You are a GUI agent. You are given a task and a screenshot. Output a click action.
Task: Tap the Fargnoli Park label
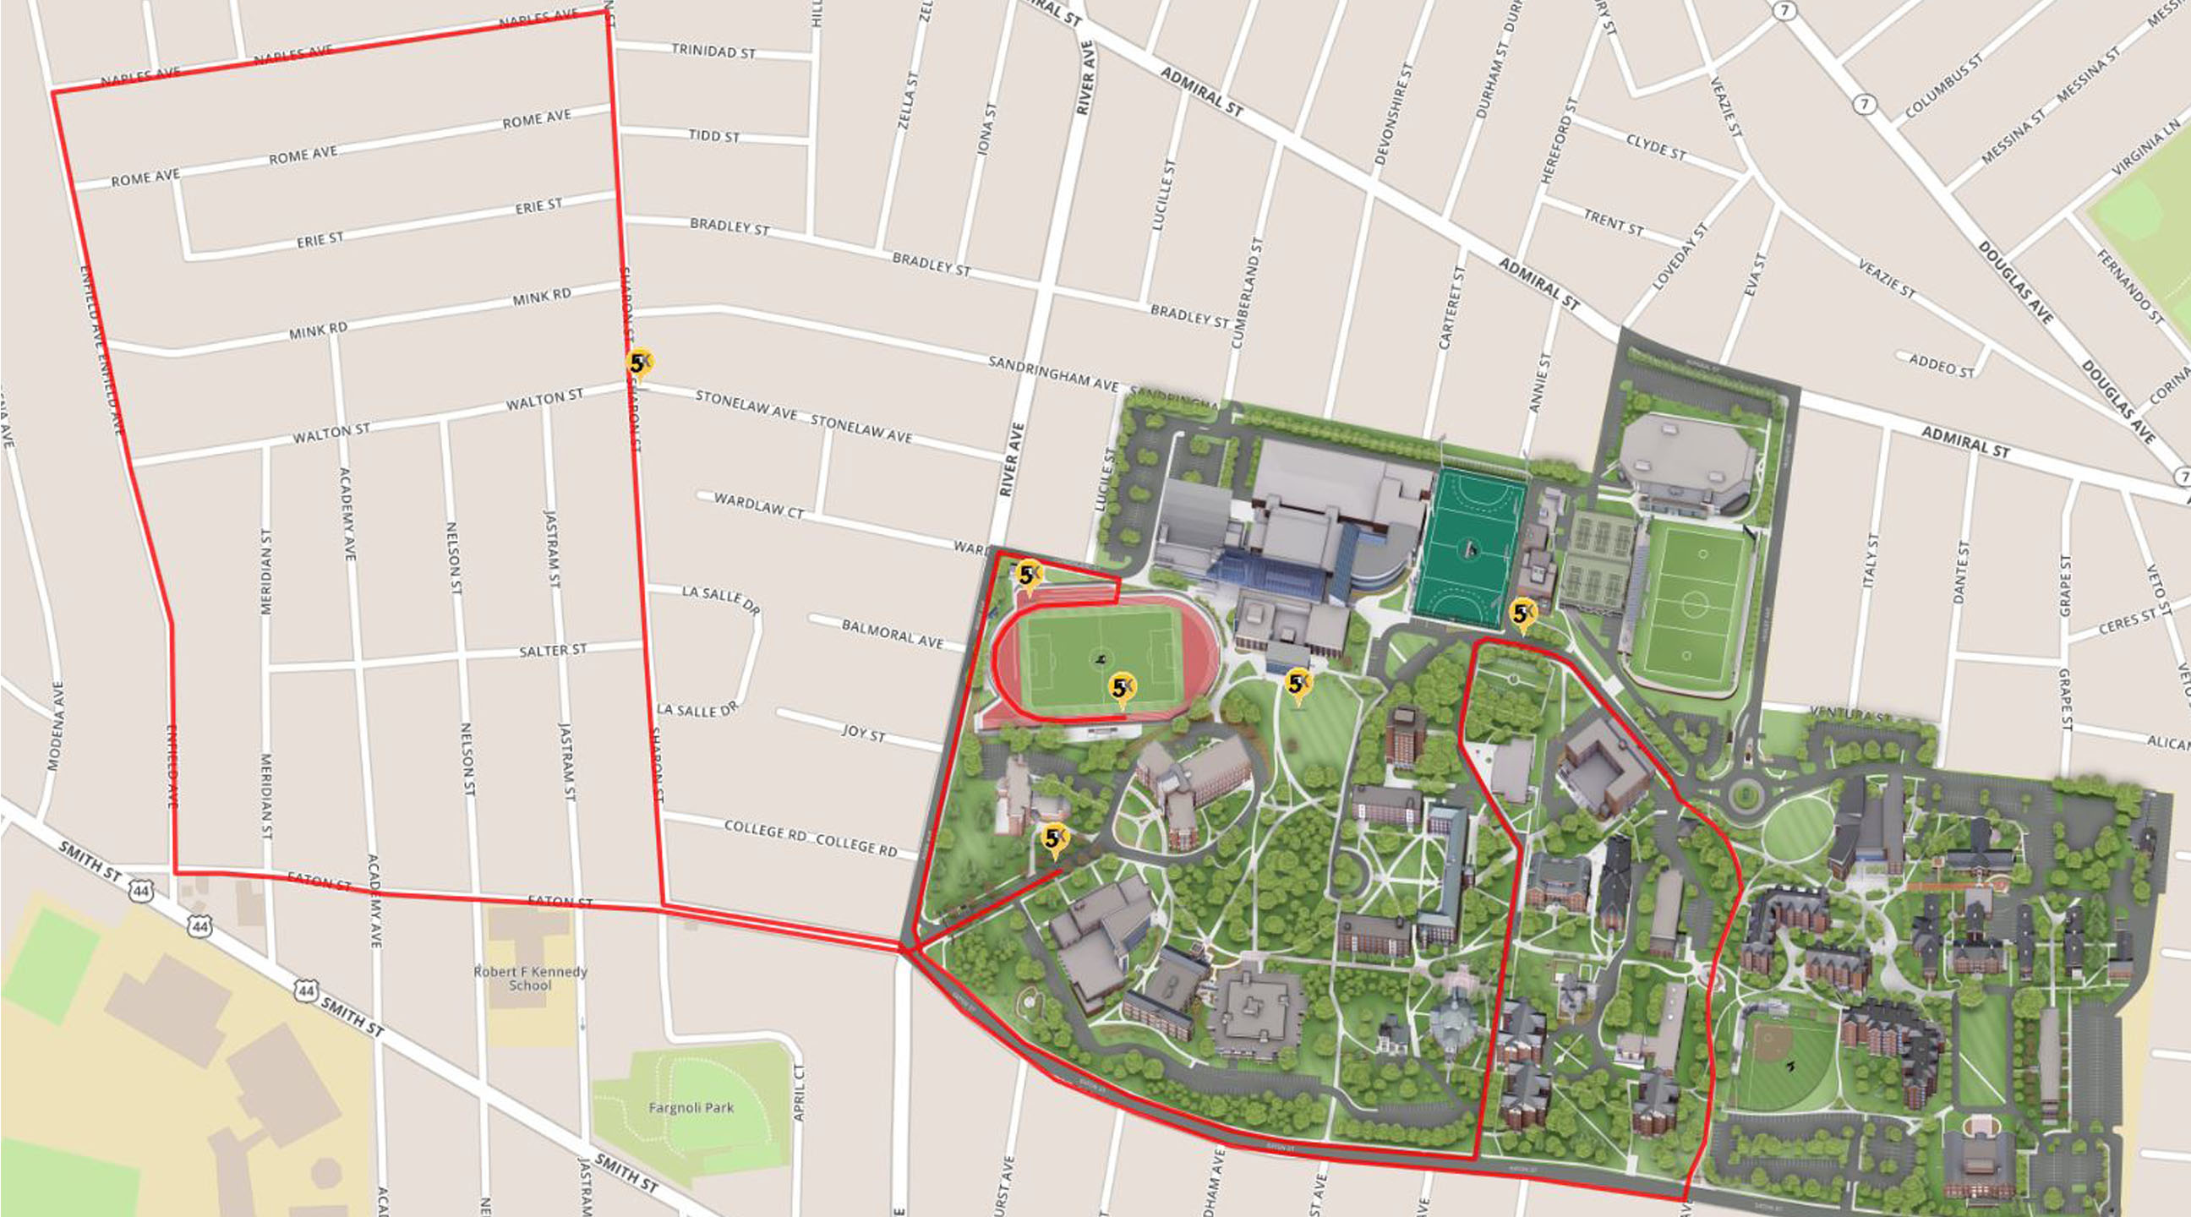tap(691, 1108)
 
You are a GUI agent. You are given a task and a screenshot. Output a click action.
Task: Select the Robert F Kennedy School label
tap(531, 978)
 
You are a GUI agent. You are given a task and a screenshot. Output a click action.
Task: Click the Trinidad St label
tap(713, 51)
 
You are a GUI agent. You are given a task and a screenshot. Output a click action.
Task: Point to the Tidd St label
tap(713, 136)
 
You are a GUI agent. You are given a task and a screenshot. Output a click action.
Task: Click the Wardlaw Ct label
tap(759, 505)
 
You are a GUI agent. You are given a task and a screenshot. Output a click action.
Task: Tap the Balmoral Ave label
tap(892, 635)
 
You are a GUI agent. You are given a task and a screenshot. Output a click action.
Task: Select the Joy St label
tap(862, 732)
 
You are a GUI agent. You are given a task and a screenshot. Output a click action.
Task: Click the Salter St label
tap(553, 651)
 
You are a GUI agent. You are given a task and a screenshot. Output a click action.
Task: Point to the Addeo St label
tap(1941, 366)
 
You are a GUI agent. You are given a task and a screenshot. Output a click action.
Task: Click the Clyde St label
tap(1655, 147)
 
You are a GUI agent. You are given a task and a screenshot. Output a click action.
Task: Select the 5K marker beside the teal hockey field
tap(1522, 614)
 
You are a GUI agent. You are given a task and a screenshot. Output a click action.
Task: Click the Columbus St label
tap(1942, 86)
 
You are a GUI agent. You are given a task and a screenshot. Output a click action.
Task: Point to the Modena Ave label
tap(54, 725)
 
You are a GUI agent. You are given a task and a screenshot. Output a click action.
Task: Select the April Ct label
tap(798, 1092)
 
